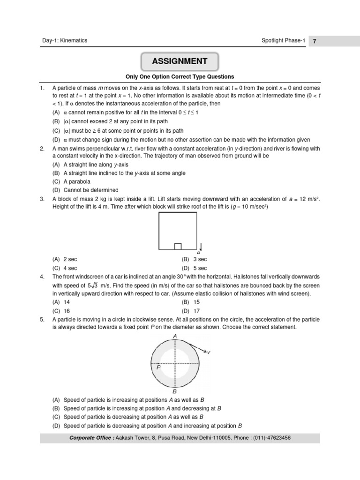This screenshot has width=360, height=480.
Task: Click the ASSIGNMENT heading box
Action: [x=180, y=61]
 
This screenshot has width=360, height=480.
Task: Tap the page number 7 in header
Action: [x=315, y=41]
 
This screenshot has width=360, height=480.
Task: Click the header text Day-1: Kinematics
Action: [x=64, y=41]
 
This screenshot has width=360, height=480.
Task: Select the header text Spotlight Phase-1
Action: [x=283, y=41]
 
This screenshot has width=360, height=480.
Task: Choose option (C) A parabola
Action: [x=71, y=181]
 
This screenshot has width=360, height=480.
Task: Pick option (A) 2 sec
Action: [x=68, y=259]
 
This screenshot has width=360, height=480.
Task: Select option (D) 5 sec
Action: [x=194, y=268]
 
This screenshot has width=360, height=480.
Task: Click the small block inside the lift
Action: [x=178, y=247]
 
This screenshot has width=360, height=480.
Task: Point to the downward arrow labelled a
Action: [x=200, y=247]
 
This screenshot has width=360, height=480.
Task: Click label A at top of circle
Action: [x=175, y=336]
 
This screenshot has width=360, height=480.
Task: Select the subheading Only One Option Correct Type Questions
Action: [x=180, y=77]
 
